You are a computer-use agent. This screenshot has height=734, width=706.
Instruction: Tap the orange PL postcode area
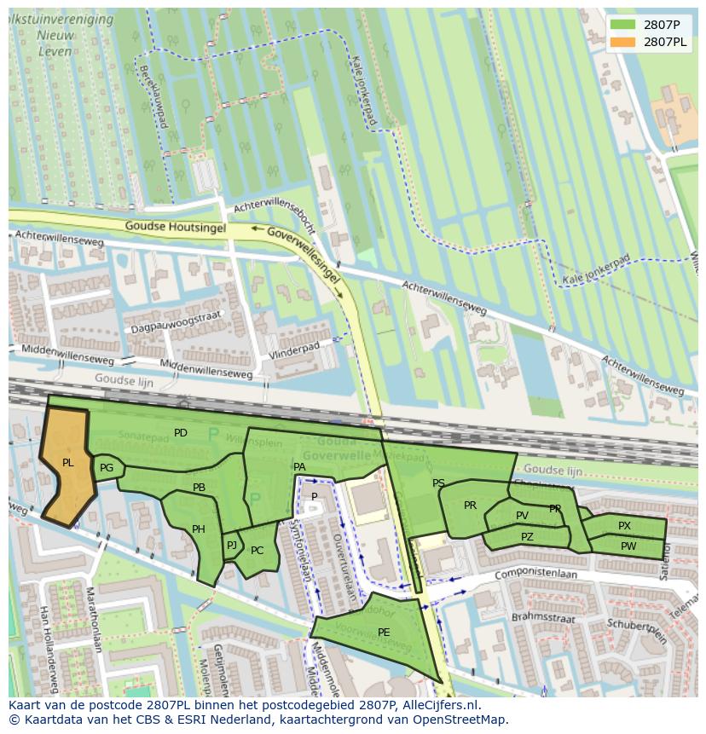(x=67, y=464)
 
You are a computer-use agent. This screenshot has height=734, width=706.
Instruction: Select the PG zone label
(x=107, y=468)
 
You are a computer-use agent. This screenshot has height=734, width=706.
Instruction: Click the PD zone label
(x=181, y=433)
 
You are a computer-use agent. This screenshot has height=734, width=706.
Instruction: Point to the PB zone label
(x=199, y=488)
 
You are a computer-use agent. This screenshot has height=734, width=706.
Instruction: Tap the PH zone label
(x=199, y=529)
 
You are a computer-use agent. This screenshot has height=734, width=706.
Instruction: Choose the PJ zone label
(x=231, y=546)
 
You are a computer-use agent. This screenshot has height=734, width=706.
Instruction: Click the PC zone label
(x=258, y=551)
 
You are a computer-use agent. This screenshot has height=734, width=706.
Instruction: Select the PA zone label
(x=299, y=467)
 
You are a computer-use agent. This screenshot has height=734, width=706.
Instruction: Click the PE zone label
(x=384, y=632)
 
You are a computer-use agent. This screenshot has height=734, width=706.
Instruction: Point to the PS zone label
(x=438, y=483)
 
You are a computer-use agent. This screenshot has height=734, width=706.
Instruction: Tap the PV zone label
(x=522, y=516)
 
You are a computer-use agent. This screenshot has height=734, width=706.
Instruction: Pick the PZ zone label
(x=527, y=537)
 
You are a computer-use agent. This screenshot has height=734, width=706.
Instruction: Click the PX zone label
(x=625, y=526)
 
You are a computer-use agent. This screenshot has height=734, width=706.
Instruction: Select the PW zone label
(x=628, y=546)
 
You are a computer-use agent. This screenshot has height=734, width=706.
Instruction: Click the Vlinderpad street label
(x=293, y=350)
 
